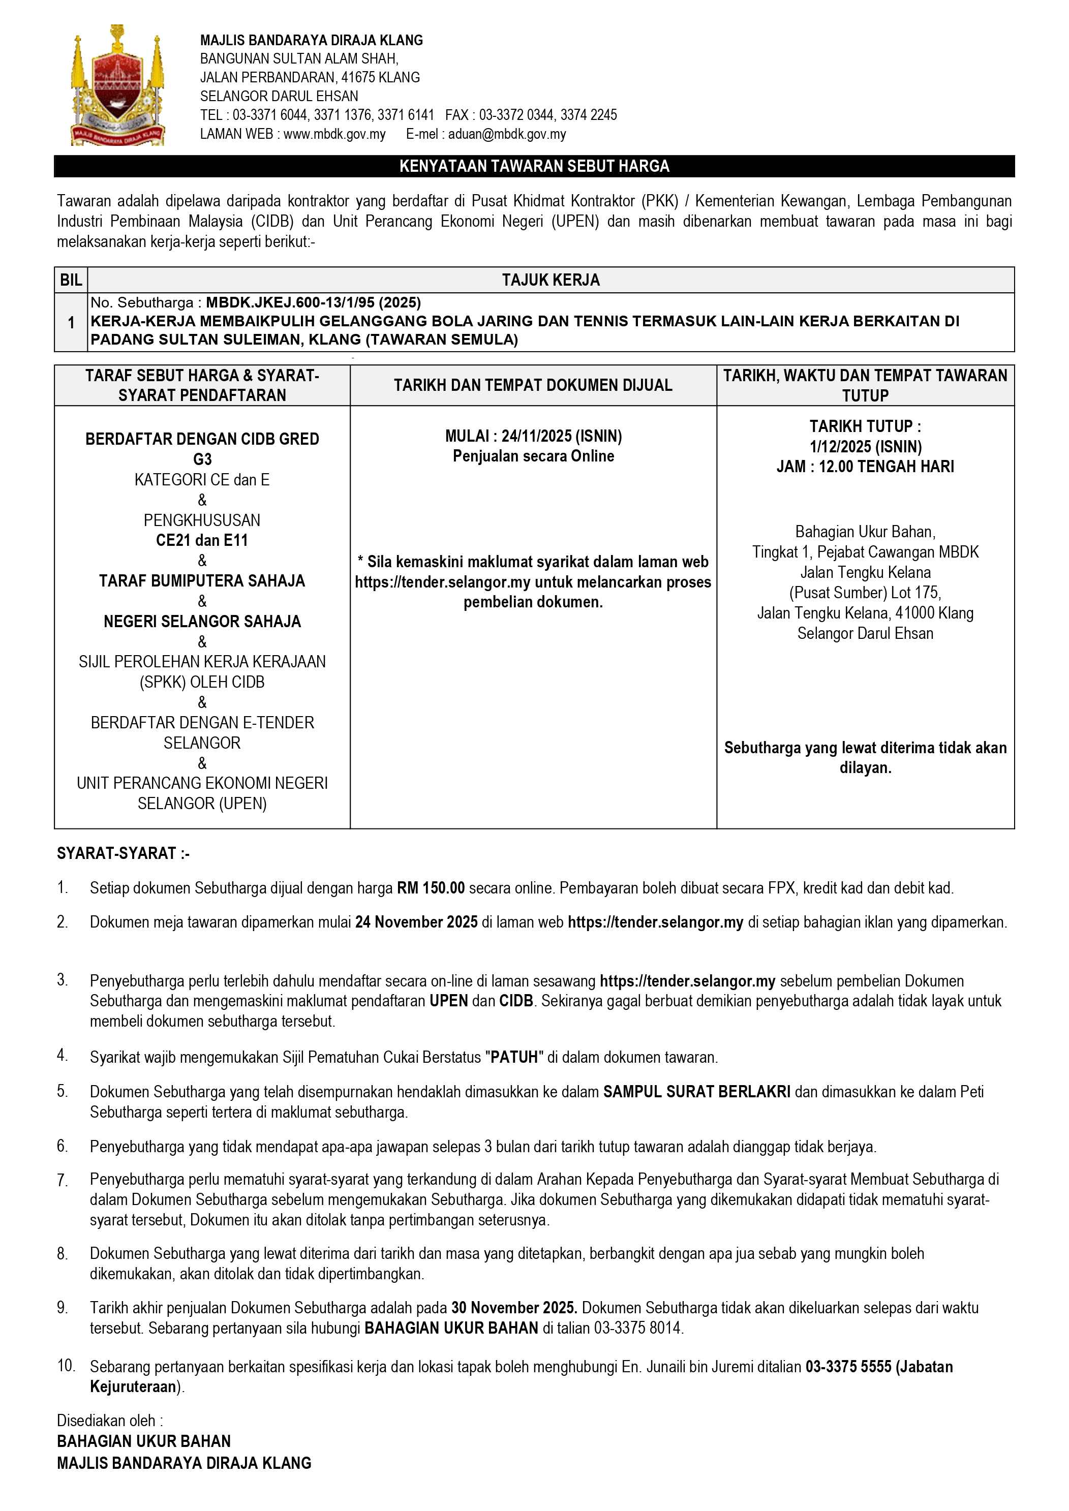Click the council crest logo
(117, 85)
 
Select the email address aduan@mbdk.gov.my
(507, 134)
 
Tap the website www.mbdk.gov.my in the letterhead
(334, 134)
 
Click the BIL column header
(71, 281)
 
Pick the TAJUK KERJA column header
(551, 281)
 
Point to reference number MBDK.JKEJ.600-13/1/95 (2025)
(313, 303)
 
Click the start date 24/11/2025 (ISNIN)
(562, 436)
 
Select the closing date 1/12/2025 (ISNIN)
(865, 447)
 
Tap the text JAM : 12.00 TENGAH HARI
(865, 467)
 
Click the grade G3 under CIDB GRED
(202, 459)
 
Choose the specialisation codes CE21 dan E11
(202, 540)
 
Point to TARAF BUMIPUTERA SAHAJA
(202, 581)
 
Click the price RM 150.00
(431, 888)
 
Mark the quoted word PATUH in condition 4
(514, 1058)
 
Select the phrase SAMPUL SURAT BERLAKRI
(696, 1092)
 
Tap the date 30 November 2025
(513, 1308)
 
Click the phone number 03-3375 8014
(638, 1328)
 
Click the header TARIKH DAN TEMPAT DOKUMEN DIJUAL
(533, 386)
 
